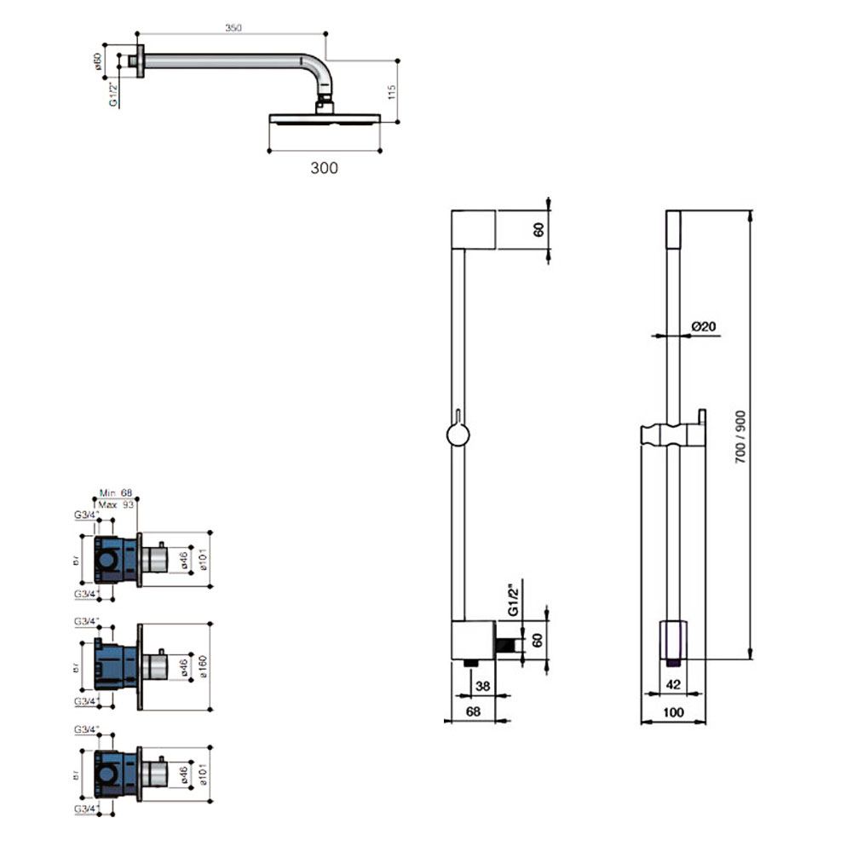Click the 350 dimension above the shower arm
point(233,28)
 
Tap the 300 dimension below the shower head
point(324,168)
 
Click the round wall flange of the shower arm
point(135,60)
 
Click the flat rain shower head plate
point(323,118)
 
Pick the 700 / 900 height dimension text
point(740,437)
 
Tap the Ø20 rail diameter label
point(703,326)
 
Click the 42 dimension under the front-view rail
point(672,684)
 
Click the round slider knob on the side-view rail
point(458,437)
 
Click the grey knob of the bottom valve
point(153,773)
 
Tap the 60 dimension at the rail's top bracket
point(538,230)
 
